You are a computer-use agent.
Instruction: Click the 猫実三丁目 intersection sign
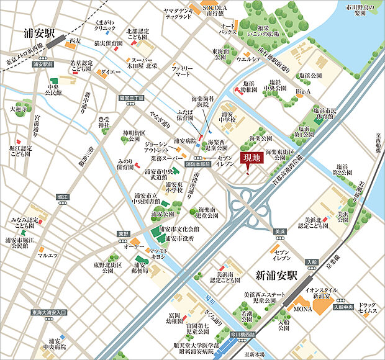pyautogui.click(x=132, y=98)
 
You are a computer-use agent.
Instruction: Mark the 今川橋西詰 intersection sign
pyautogui.click(x=243, y=335)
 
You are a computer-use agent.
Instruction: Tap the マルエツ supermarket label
pyautogui.click(x=47, y=254)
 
